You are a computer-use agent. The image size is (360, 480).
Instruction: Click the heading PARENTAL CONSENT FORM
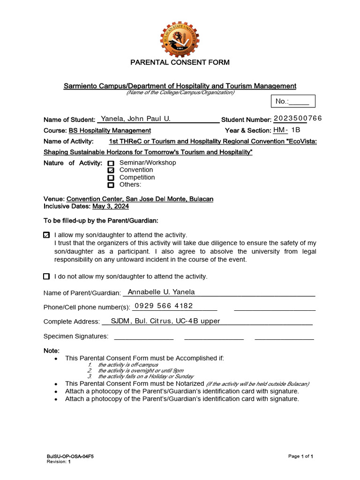click(x=180, y=62)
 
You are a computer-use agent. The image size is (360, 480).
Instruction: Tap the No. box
click(x=293, y=101)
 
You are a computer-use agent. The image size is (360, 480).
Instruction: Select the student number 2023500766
click(x=298, y=118)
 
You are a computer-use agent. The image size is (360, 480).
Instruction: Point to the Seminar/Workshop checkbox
click(x=111, y=164)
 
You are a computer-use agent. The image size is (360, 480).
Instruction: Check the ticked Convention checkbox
click(x=111, y=170)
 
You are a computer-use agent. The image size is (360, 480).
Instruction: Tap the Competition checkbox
click(x=111, y=178)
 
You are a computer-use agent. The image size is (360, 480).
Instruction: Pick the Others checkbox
click(x=111, y=185)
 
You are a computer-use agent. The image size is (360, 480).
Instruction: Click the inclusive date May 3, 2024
click(x=110, y=206)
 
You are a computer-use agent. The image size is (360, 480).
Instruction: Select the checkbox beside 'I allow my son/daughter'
click(x=46, y=235)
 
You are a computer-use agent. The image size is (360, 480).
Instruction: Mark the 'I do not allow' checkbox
click(x=46, y=277)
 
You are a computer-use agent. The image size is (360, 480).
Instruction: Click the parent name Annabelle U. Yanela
click(x=161, y=292)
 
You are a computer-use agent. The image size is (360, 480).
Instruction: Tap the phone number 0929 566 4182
click(x=164, y=306)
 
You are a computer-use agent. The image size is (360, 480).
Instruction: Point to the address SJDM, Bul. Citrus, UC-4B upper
click(x=165, y=321)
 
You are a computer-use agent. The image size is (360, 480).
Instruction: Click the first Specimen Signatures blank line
click(x=144, y=338)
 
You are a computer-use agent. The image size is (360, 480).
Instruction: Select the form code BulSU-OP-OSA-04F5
click(x=66, y=456)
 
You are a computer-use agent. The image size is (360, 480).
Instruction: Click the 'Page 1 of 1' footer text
click(x=300, y=456)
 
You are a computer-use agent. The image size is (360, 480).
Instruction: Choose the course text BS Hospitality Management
click(x=110, y=131)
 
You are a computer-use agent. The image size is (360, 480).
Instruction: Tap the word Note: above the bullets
click(x=52, y=351)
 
